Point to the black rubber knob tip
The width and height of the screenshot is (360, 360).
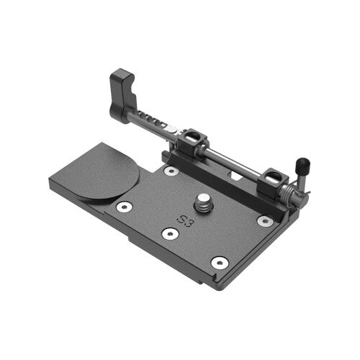pyautogui.click(x=305, y=163)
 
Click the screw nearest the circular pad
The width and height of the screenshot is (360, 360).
pyautogui.click(x=125, y=207)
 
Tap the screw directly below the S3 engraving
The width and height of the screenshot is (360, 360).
pyautogui.click(x=170, y=234)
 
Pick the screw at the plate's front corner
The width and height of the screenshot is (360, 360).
pyautogui.click(x=220, y=262)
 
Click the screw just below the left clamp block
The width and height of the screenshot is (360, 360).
pyautogui.click(x=171, y=171)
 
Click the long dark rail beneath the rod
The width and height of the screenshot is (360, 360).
pyautogui.click(x=223, y=180)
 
